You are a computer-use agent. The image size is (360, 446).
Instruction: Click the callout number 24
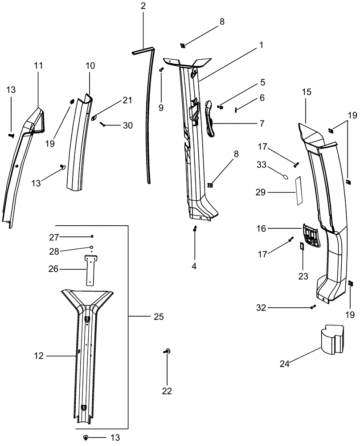click(285, 364)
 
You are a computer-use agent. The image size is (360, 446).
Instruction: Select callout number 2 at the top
click(143, 6)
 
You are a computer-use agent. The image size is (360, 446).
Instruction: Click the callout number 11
click(38, 66)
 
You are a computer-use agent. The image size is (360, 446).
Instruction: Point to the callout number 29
click(261, 192)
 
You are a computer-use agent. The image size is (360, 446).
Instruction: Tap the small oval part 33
click(286, 177)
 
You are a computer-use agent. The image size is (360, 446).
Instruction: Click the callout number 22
click(167, 391)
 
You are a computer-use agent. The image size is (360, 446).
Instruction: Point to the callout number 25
click(159, 317)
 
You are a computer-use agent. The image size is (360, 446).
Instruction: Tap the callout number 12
click(40, 355)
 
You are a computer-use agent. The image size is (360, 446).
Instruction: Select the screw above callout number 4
click(195, 229)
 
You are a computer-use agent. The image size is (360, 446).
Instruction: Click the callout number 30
click(128, 126)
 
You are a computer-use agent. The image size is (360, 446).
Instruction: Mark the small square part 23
click(302, 246)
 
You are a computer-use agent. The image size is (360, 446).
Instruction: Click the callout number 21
click(127, 100)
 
